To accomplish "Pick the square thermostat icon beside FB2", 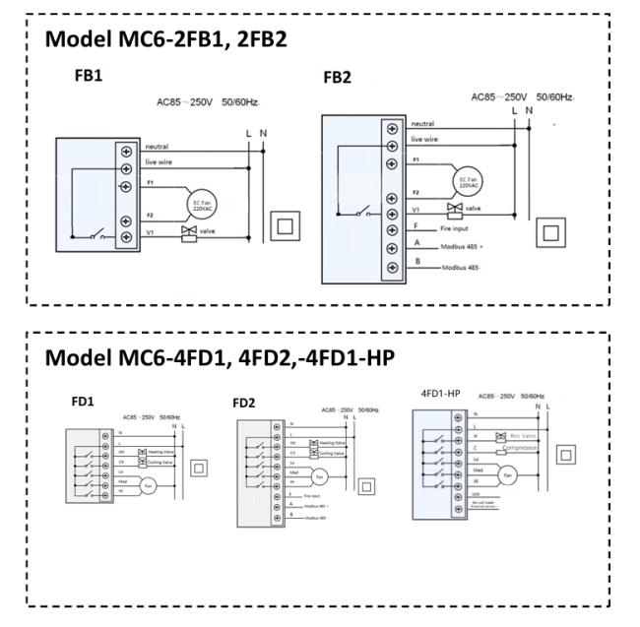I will click(x=549, y=231).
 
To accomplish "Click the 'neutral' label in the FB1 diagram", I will click(x=157, y=146).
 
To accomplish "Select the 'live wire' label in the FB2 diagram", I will click(x=424, y=140).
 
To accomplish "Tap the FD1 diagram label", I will click(x=83, y=402).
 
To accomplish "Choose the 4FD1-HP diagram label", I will click(x=441, y=394).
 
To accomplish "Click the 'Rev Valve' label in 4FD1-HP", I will click(x=520, y=434).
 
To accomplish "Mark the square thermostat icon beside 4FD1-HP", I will click(x=565, y=454).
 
